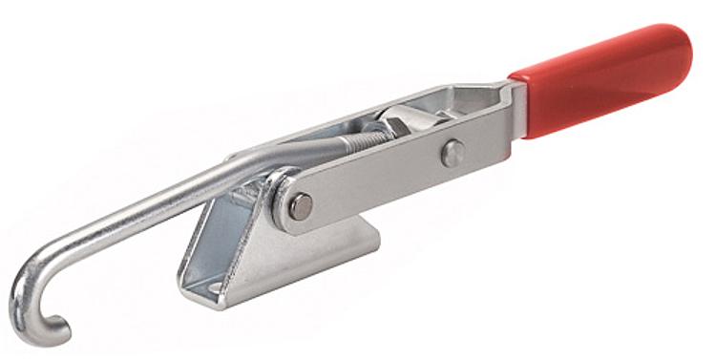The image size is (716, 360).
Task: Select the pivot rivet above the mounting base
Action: [300, 205]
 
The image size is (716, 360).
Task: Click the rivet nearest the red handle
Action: [453, 152]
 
